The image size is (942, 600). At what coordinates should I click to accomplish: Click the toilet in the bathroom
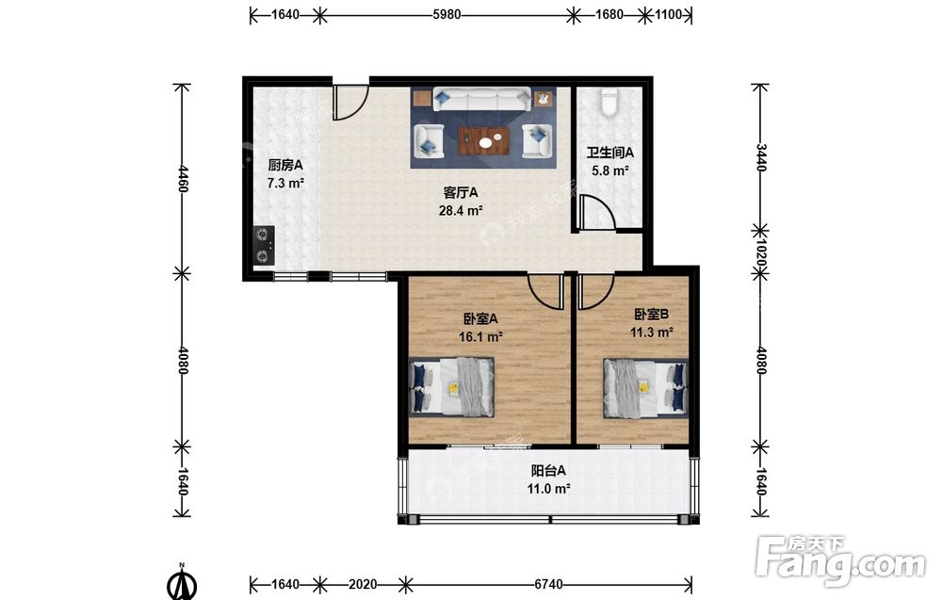coord(609,102)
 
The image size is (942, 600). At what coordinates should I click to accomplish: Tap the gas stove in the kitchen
coord(263,245)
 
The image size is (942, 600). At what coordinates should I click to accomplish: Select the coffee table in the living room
coord(484,141)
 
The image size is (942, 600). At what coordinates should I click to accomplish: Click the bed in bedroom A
coord(452,387)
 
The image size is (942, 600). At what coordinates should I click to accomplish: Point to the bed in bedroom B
coord(646,387)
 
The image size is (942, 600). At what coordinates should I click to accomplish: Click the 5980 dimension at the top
coord(447,14)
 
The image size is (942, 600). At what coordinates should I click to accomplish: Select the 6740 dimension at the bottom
coord(548,584)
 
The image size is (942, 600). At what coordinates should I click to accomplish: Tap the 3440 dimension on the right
coord(760,157)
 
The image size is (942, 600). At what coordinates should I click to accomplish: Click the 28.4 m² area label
coord(461,210)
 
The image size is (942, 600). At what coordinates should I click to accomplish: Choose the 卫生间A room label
coord(609,154)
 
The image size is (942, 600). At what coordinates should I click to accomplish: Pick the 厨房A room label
coord(284,165)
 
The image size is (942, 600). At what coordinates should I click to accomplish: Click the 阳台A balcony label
coord(548,471)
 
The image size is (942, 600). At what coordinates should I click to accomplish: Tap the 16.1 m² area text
coord(480,337)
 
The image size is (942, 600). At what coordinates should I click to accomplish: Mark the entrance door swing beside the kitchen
coord(350,102)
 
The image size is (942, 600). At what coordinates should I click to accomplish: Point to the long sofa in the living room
coord(481,99)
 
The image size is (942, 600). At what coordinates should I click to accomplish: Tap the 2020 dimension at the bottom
coord(363,584)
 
